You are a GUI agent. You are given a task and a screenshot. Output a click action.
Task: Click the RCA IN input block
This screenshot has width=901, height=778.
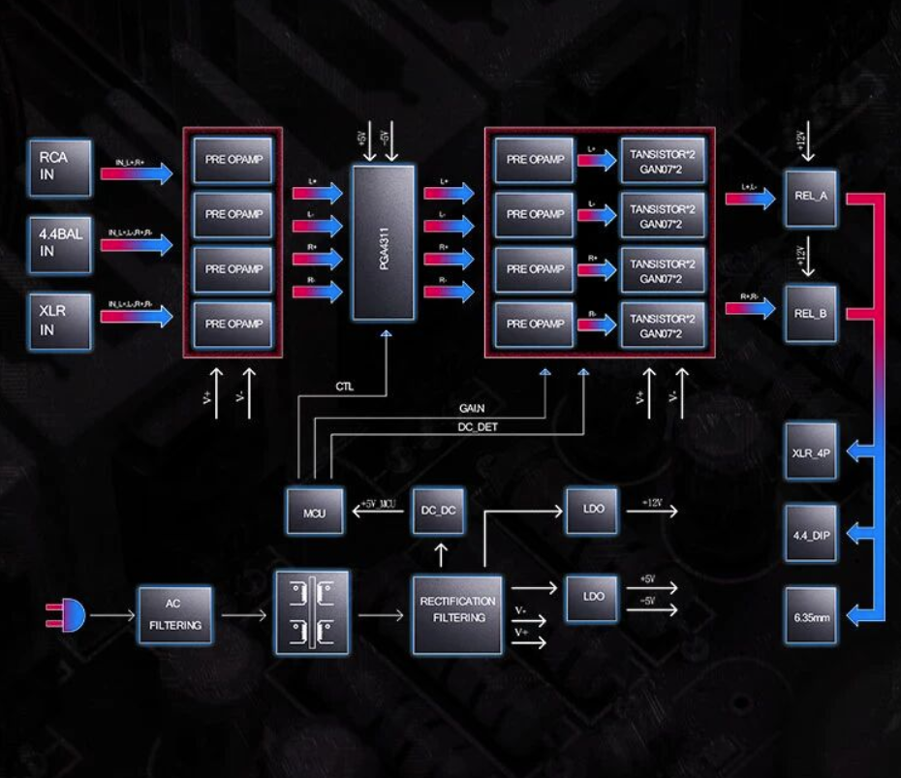click(x=60, y=167)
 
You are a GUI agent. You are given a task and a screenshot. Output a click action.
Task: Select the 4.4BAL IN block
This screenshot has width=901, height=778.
click(x=60, y=244)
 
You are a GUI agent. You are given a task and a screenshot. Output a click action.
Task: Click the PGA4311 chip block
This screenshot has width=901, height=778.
click(x=383, y=242)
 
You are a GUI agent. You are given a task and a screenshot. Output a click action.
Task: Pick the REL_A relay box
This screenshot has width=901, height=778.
click(x=811, y=196)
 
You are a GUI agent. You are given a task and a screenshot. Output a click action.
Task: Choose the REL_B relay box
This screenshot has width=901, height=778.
click(x=811, y=312)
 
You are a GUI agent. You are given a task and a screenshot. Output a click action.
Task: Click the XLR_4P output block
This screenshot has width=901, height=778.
click(x=811, y=451)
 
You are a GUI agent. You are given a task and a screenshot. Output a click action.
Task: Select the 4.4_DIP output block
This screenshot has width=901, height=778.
click(x=811, y=534)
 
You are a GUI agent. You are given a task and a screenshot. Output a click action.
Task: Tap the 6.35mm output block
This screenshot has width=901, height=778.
click(x=811, y=615)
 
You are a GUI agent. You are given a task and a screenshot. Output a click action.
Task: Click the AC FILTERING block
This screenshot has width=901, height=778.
click(x=175, y=614)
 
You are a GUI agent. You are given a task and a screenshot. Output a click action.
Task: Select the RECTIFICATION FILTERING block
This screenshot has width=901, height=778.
click(x=458, y=612)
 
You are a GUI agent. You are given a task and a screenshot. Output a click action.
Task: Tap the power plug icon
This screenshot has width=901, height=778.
click(x=66, y=614)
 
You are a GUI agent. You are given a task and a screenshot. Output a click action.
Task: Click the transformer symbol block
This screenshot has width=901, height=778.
click(x=312, y=612)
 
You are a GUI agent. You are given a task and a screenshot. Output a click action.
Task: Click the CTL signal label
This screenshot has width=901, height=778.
click(x=344, y=387)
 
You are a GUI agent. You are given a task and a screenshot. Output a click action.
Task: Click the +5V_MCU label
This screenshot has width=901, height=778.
click(x=380, y=504)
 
